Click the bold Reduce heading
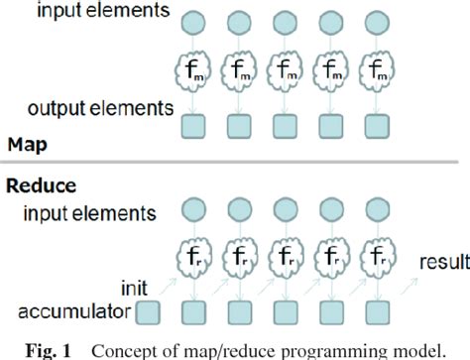[42, 184]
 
